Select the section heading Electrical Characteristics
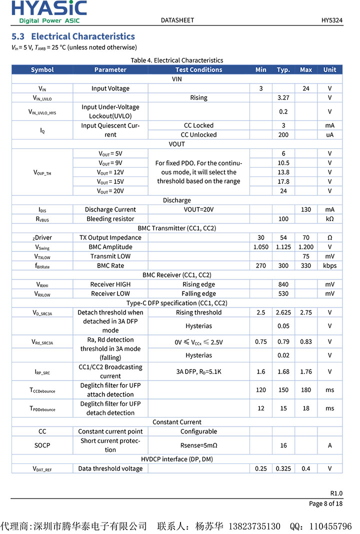pyautogui.click(x=73, y=36)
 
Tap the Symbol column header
pyautogui.click(x=42, y=69)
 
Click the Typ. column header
pyautogui.click(x=283, y=69)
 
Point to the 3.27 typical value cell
pyautogui.click(x=283, y=97)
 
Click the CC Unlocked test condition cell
pyautogui.click(x=198, y=134)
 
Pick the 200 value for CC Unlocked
pyautogui.click(x=283, y=134)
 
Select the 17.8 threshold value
pyautogui.click(x=283, y=181)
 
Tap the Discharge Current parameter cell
pyautogui.click(x=110, y=209)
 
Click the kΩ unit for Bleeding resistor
pyautogui.click(x=329, y=219)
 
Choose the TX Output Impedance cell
pyautogui.click(x=110, y=237)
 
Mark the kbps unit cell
pyautogui.click(x=329, y=265)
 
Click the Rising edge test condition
pyautogui.click(x=198, y=284)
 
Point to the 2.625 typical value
pyautogui.click(x=283, y=312)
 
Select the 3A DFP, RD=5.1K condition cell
pyautogui.click(x=198, y=371)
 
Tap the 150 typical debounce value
pyautogui.click(x=283, y=390)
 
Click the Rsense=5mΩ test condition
pyautogui.click(x=198, y=445)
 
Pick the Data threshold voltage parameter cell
pyautogui.click(x=110, y=468)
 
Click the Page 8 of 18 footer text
pyautogui.click(x=325, y=503)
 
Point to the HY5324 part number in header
pyautogui.click(x=332, y=20)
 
